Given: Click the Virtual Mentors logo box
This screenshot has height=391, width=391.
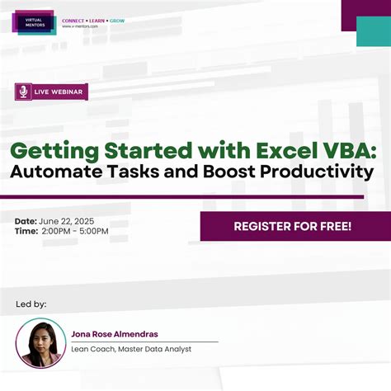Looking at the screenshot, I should pyautogui.click(x=34, y=21).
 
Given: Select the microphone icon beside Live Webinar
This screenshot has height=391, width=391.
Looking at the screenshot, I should pyautogui.click(x=24, y=92).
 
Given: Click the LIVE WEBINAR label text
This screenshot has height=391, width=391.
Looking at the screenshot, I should pyautogui.click(x=59, y=92).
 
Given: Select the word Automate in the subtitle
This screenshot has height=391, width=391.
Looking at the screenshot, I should pyautogui.click(x=63, y=172).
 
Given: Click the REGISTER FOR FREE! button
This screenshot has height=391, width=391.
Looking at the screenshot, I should pyautogui.click(x=293, y=225).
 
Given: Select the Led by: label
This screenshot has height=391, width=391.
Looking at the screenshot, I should pyautogui.click(x=31, y=304).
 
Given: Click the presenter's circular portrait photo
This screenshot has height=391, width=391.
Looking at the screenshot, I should pyautogui.click(x=41, y=342).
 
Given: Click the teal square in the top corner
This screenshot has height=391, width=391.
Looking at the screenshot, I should pyautogui.click(x=373, y=31).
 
